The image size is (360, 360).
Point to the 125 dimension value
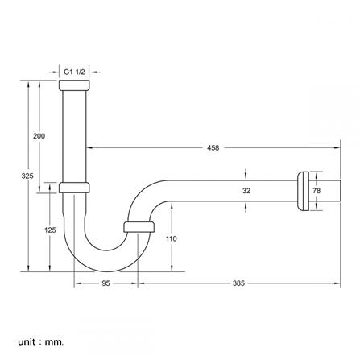pos(50,229)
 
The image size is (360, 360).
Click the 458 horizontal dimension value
pos(213,147)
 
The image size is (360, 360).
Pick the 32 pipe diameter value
pos(246,191)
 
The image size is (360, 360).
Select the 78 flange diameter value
pos(317,191)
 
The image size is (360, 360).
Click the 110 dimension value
pos(171,238)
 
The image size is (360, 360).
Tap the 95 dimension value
pos(106,283)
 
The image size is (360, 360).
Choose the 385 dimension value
pos(238,283)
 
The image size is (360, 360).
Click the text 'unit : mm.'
pos(40,341)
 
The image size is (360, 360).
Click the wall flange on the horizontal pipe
pos(304,191)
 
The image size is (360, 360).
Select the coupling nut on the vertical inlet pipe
pos(74,188)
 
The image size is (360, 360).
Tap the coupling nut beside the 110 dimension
pos(138,227)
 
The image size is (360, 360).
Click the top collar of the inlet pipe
pos(74,84)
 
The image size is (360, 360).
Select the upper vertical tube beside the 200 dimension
pos(74,133)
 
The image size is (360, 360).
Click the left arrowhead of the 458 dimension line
pos(89,147)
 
